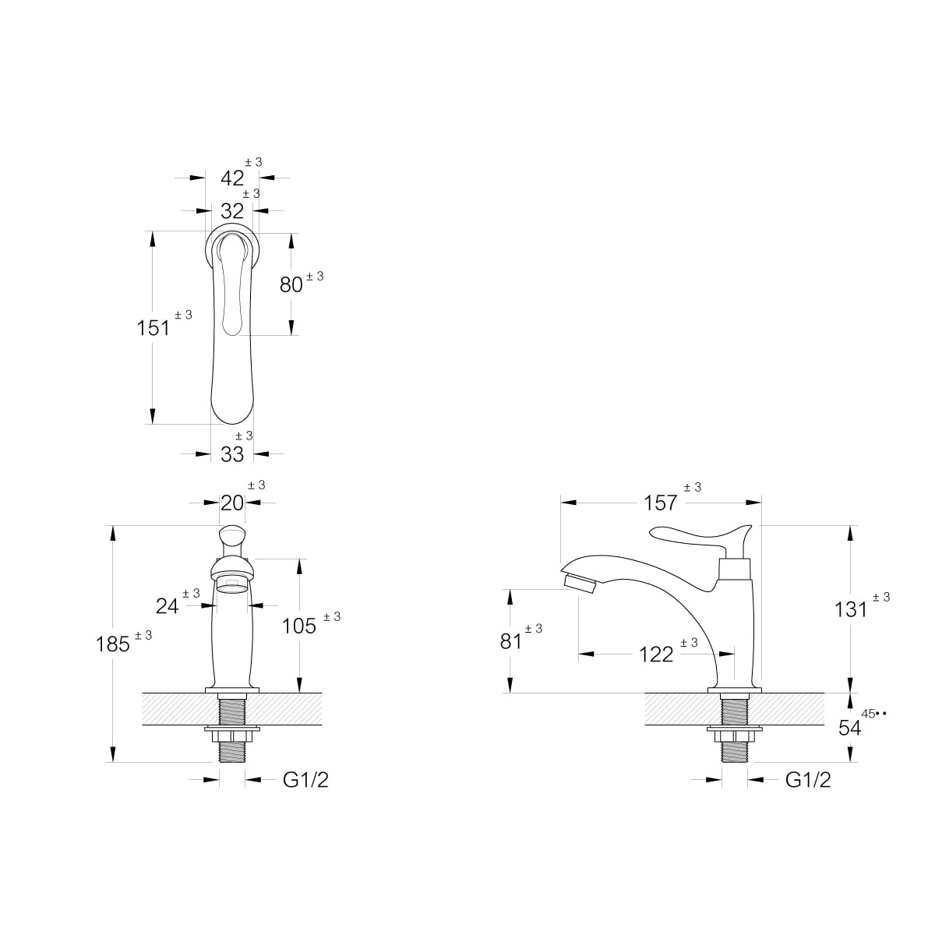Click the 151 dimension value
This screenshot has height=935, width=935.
[153, 329]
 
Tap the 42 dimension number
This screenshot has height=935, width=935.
[232, 178]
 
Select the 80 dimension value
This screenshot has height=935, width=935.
[291, 285]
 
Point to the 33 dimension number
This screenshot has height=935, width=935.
[232, 454]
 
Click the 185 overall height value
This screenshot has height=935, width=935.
[112, 644]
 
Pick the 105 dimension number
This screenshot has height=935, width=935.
[299, 626]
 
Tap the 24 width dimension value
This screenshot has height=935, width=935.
[168, 606]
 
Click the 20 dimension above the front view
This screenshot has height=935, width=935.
[232, 503]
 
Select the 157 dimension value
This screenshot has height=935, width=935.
[660, 503]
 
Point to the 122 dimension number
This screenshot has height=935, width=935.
[657, 654]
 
